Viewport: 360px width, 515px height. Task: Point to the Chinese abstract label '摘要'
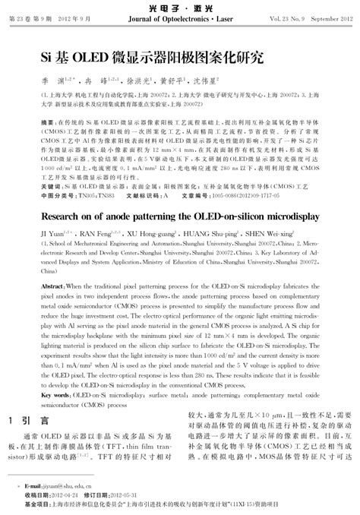point(47,122)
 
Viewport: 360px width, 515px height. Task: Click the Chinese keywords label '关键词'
point(49,185)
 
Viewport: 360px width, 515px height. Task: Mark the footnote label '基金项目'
point(35,503)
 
